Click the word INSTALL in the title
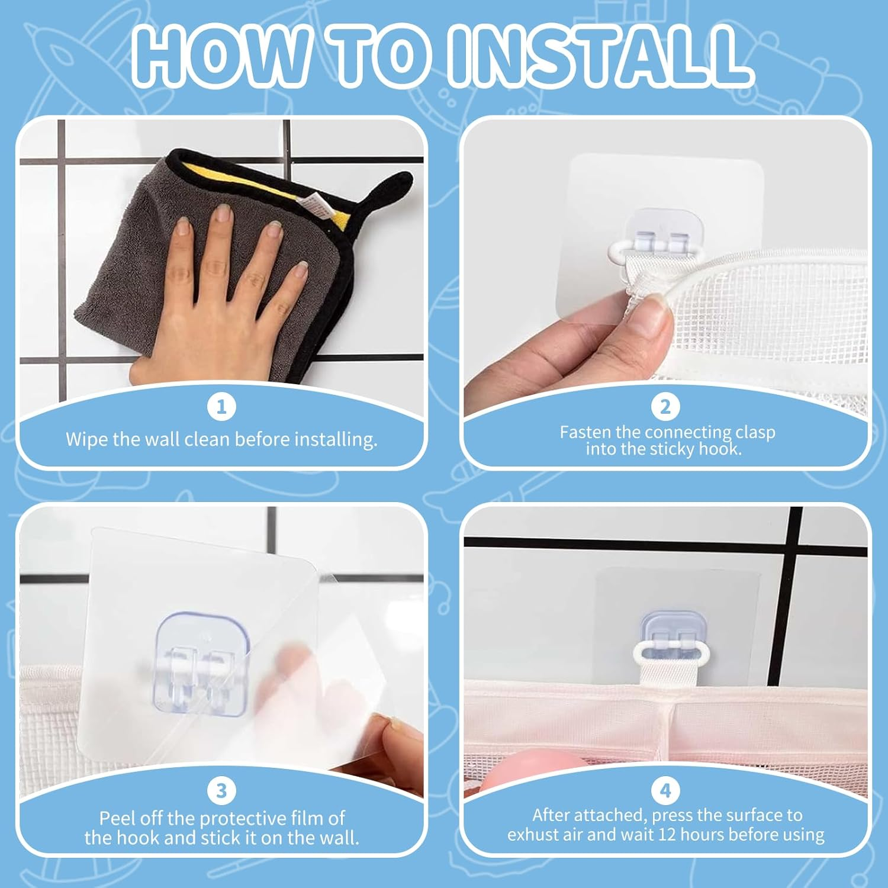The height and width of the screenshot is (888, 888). click(599, 57)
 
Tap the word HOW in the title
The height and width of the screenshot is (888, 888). click(220, 57)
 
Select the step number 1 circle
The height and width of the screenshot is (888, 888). click(221, 407)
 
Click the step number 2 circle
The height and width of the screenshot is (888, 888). click(665, 407)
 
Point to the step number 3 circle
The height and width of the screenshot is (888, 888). click(221, 790)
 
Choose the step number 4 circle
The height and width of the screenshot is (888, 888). click(665, 790)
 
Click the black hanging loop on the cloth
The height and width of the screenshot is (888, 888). click(385, 189)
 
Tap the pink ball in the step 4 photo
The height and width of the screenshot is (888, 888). click(533, 767)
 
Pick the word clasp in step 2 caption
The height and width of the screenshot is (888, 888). click(755, 433)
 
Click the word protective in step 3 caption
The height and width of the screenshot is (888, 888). click(236, 819)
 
